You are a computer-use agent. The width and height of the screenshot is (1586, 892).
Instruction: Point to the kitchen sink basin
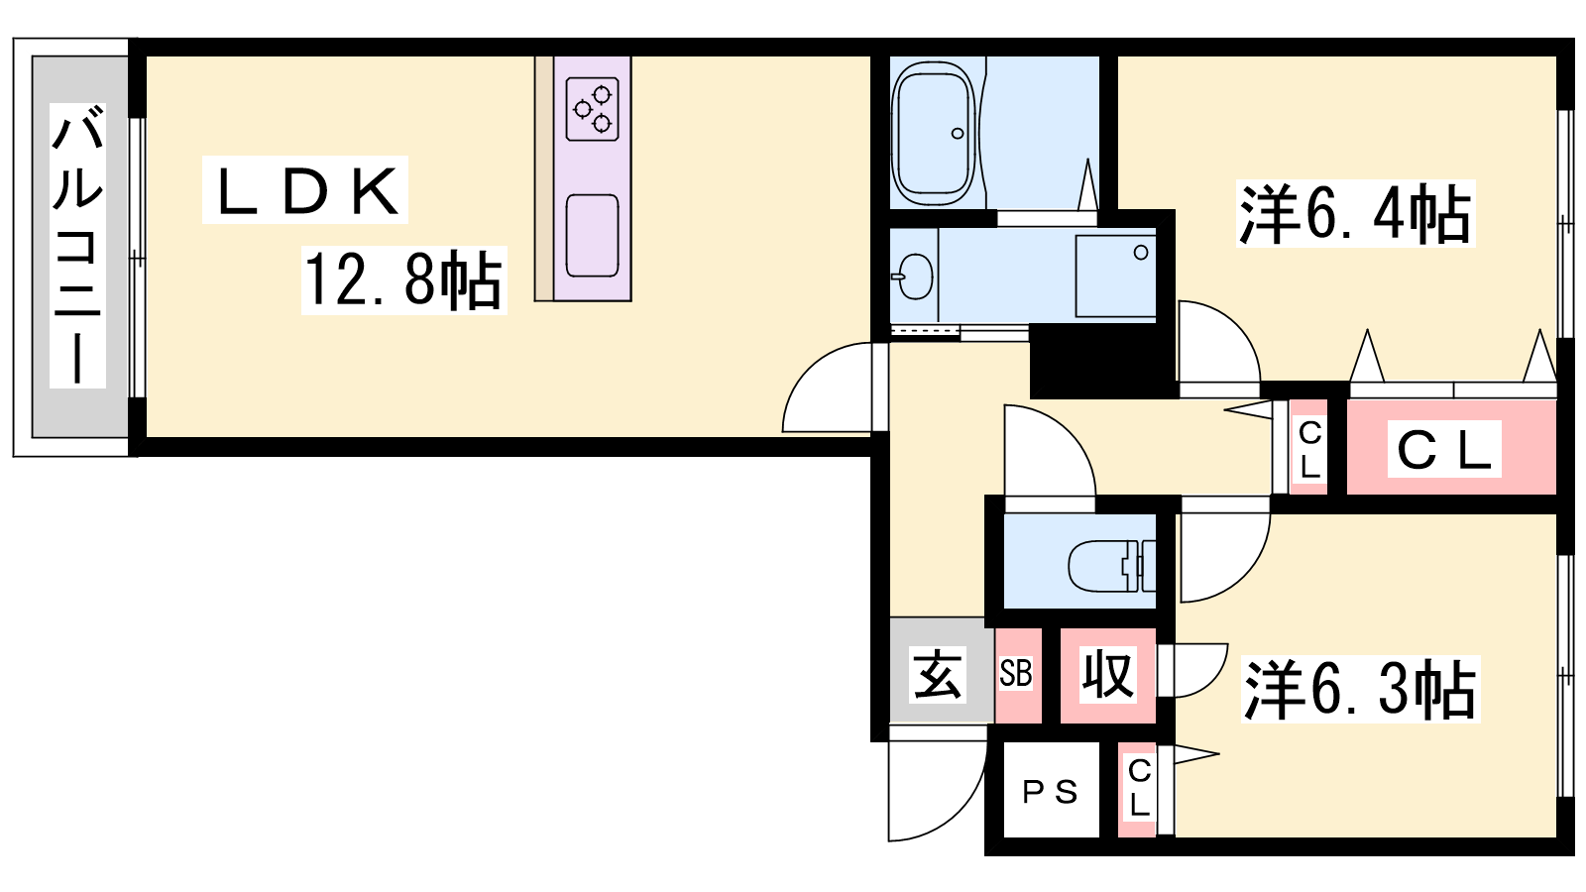tap(593, 235)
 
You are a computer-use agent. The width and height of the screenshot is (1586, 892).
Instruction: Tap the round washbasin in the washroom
tap(914, 276)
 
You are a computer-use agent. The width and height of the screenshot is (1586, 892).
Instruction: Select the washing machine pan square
tap(1115, 276)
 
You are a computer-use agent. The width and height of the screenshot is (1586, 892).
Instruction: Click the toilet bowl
tap(1109, 566)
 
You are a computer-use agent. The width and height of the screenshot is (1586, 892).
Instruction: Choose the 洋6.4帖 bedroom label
tap(1355, 214)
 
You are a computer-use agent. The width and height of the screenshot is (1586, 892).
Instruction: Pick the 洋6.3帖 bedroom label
tap(1360, 689)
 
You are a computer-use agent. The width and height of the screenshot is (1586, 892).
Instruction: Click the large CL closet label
tap(1444, 449)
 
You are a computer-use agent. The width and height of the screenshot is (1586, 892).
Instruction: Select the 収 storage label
tap(1107, 674)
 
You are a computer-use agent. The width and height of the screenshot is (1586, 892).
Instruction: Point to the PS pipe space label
tap(1050, 792)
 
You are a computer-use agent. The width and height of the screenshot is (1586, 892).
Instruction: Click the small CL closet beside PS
tap(1139, 788)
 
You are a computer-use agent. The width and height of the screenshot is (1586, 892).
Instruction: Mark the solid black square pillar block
tap(1101, 361)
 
